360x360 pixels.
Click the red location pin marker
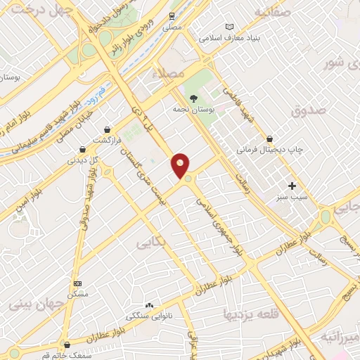181,165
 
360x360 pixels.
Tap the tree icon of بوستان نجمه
193,98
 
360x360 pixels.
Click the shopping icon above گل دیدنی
83,149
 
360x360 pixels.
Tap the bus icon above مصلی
172,16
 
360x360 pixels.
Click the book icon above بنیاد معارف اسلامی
229,26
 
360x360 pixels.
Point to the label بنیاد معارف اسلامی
229,38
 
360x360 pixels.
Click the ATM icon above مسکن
77,283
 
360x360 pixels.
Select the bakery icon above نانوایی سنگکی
148,306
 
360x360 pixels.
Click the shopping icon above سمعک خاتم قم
67,345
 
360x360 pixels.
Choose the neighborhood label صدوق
309,110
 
